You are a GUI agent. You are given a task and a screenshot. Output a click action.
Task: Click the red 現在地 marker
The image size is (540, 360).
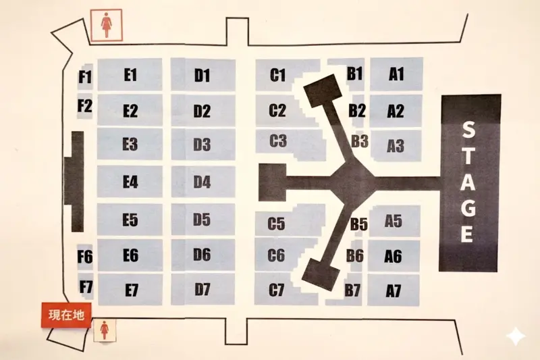click(x=66, y=315)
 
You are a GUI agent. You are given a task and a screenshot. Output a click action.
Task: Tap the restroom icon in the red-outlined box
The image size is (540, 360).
click(x=107, y=26)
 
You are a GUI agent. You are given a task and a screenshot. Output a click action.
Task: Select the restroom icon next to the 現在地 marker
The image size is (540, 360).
click(x=105, y=330)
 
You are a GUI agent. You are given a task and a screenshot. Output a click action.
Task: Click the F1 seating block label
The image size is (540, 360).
click(x=86, y=77)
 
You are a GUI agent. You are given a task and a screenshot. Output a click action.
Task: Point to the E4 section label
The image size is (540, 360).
click(x=130, y=182)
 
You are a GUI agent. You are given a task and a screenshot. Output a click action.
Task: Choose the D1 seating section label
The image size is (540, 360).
click(x=202, y=76)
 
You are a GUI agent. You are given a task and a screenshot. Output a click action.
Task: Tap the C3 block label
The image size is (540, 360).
click(x=278, y=141)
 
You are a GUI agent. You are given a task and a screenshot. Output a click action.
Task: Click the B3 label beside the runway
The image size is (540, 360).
click(x=360, y=141)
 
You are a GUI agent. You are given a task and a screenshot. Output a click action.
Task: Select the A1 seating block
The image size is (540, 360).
click(x=396, y=74)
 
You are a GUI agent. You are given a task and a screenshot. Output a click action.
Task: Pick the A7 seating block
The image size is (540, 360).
click(x=394, y=290)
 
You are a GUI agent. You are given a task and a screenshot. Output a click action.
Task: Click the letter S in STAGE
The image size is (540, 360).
click(x=468, y=130)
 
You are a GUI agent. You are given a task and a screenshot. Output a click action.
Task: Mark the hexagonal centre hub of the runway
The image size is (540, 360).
click(x=352, y=179)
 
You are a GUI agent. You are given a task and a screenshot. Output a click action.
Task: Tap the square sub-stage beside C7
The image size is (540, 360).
click(x=320, y=274)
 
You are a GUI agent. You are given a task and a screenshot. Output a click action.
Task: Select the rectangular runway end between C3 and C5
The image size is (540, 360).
click(x=272, y=182)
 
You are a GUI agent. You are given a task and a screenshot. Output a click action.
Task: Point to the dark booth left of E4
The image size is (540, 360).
click(x=74, y=182)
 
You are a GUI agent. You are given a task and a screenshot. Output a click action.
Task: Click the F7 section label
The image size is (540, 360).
click(x=86, y=286)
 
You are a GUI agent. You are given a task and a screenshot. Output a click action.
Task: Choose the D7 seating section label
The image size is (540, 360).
click(x=202, y=289)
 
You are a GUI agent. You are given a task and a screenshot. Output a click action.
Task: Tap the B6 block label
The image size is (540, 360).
click(x=355, y=255)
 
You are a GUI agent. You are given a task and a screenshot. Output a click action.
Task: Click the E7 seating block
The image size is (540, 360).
click(x=130, y=289)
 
